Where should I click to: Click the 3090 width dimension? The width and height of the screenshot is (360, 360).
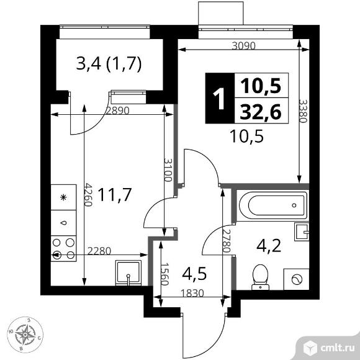(x=243, y=46)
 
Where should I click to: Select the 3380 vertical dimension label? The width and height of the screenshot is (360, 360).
(x=303, y=111)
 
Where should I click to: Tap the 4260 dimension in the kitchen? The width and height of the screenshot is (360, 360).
(x=88, y=194)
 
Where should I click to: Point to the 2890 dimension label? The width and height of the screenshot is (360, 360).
(x=118, y=111)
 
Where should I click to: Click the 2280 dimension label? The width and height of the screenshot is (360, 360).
(x=99, y=251)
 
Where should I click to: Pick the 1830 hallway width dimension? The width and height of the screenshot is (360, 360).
(x=192, y=293)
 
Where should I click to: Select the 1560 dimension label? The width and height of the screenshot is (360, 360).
(x=164, y=274)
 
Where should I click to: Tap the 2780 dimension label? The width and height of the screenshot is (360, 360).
(x=226, y=241)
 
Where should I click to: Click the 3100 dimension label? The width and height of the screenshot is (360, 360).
(x=168, y=169)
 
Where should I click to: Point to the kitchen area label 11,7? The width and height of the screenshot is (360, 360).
(x=115, y=195)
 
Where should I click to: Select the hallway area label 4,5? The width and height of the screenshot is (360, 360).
(x=194, y=274)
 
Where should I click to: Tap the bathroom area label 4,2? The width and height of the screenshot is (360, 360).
(x=269, y=246)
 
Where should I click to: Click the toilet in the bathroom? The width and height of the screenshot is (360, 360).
(x=260, y=277)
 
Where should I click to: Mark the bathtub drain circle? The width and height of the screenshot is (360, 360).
(x=294, y=205)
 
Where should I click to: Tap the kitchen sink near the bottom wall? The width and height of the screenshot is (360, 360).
(x=128, y=272)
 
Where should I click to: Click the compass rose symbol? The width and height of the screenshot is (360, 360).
(x=25, y=335)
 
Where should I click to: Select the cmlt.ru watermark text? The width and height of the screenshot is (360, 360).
(x=338, y=348)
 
